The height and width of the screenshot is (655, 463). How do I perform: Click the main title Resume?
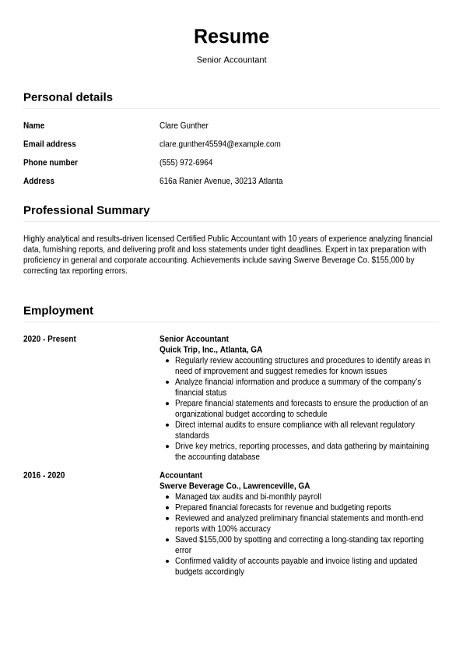231,37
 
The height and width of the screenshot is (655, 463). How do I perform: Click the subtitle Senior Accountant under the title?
231,60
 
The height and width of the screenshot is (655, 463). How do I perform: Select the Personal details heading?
68,97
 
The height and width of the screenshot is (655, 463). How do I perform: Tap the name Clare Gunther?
184,125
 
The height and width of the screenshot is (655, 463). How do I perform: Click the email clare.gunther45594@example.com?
219,144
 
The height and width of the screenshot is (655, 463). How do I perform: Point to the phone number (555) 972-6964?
186,163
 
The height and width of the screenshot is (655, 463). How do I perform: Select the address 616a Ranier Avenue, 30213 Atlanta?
221,181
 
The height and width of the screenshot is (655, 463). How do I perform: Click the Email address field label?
50,144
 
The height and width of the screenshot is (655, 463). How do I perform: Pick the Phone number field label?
51,163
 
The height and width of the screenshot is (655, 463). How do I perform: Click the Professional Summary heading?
86,210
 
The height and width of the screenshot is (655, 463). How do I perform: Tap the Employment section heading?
58,311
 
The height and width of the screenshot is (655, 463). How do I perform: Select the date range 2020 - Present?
50,340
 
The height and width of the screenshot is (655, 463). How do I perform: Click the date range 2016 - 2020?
44,476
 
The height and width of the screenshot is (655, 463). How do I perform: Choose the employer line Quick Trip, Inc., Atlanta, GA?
211,350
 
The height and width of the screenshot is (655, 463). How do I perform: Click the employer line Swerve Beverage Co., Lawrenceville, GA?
234,486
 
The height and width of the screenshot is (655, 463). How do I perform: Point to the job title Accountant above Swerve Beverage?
181,476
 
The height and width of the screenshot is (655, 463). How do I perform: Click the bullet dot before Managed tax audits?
167,497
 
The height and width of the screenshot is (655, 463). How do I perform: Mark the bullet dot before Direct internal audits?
167,425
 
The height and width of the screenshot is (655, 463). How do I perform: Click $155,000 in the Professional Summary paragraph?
393,260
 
